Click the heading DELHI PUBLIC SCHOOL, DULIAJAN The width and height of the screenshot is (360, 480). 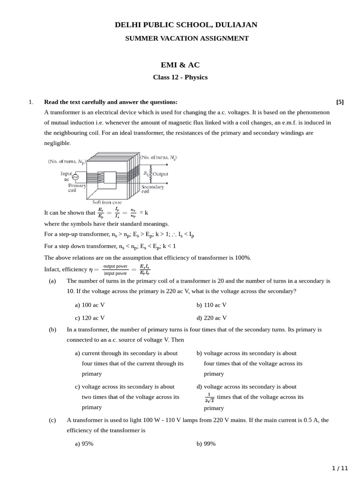pyautogui.click(x=186, y=25)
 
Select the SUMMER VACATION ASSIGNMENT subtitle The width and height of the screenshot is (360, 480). pyautogui.click(x=187, y=38)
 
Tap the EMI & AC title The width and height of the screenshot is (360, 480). pyautogui.click(x=180, y=65)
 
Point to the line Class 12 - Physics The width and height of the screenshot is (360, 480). pyautogui.click(x=180, y=77)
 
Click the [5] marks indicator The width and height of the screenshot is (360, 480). pyautogui.click(x=340, y=102)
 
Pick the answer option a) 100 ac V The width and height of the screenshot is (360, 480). pyautogui.click(x=90, y=305)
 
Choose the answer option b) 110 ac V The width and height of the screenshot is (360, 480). pyautogui.click(x=211, y=305)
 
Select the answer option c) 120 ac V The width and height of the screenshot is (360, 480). pyautogui.click(x=90, y=318)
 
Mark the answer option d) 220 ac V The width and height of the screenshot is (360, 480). pyautogui.click(x=211, y=318)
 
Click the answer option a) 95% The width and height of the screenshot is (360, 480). pyautogui.click(x=84, y=443)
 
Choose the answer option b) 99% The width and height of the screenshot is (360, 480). pyautogui.click(x=206, y=443)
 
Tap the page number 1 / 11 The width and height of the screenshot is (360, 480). pyautogui.click(x=340, y=468)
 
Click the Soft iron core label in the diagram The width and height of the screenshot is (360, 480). pyautogui.click(x=107, y=202)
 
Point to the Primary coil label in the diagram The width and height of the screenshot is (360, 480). pyautogui.click(x=77, y=188)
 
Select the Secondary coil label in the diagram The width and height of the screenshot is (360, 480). pyautogui.click(x=152, y=189)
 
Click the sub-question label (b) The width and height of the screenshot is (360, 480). pyautogui.click(x=52, y=330)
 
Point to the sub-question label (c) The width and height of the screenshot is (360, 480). pyautogui.click(x=52, y=420)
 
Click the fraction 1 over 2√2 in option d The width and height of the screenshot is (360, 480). pyautogui.click(x=210, y=397)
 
